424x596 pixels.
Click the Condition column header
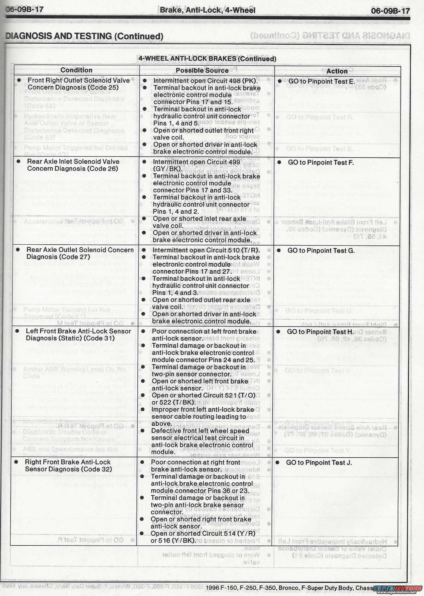(x=76, y=70)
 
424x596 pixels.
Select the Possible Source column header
(x=202, y=71)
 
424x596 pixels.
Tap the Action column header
(x=337, y=71)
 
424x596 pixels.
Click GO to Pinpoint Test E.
(x=321, y=81)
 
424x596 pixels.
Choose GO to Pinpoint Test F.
(x=321, y=162)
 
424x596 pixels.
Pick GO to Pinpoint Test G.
(x=321, y=251)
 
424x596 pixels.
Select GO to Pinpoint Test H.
(x=320, y=332)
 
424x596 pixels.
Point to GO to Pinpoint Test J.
(x=319, y=462)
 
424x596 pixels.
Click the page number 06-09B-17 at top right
(x=390, y=11)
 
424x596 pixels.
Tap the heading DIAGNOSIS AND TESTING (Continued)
(x=85, y=36)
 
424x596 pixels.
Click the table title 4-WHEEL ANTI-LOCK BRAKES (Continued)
(x=207, y=59)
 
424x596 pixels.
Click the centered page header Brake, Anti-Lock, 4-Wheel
(x=207, y=10)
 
